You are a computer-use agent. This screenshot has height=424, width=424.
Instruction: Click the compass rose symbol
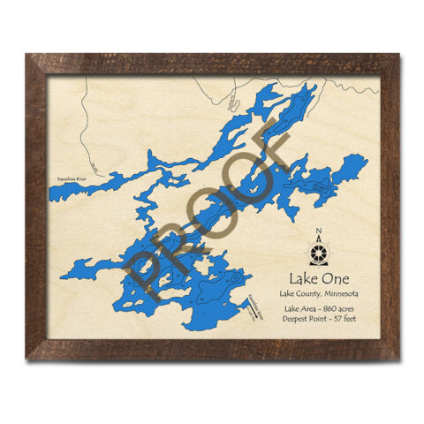click(318, 252)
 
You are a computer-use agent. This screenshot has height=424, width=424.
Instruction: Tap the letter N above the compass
click(318, 234)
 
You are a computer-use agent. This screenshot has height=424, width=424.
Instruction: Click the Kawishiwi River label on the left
click(71, 178)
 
